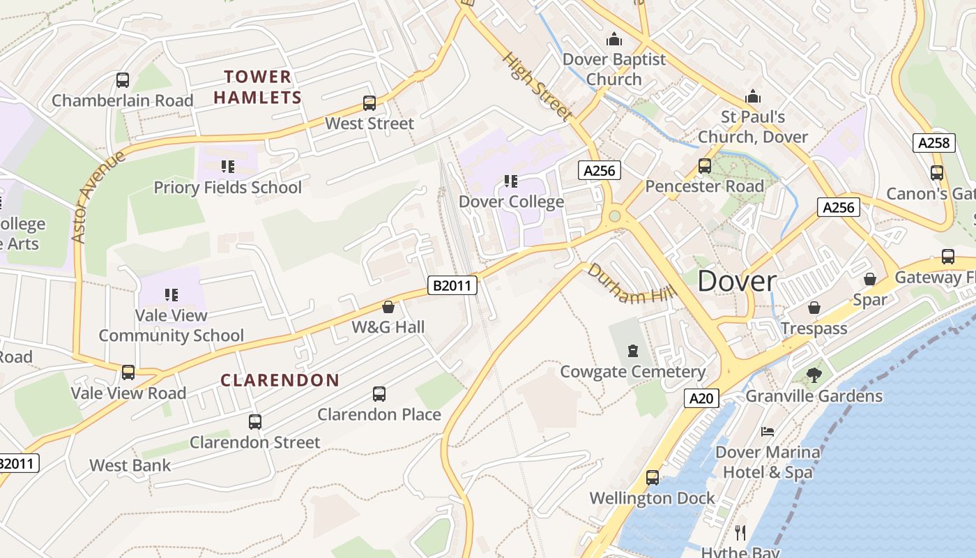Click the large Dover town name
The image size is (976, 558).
(x=737, y=281)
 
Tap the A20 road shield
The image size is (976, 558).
(x=701, y=398)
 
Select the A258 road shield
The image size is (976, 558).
(x=933, y=143)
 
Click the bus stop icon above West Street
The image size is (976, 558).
(x=369, y=103)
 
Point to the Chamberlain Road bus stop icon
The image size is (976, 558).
(x=123, y=80)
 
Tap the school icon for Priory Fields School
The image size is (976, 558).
(x=228, y=167)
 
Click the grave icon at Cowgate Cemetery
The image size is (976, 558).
(x=633, y=350)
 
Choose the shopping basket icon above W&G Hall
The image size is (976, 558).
(x=388, y=307)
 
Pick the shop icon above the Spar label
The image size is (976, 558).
(x=870, y=279)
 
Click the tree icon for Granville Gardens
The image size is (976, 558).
(x=814, y=376)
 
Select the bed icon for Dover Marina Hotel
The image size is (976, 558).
(x=768, y=432)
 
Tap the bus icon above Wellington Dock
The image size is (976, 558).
(x=653, y=478)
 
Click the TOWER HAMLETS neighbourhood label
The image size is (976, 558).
(x=257, y=86)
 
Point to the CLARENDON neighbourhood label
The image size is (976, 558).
(x=280, y=380)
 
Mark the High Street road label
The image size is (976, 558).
(x=537, y=86)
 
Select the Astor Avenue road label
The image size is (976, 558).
(x=98, y=196)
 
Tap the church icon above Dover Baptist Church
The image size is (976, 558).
(x=613, y=38)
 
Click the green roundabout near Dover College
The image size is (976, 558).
(x=614, y=216)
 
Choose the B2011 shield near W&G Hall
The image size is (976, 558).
(x=452, y=285)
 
